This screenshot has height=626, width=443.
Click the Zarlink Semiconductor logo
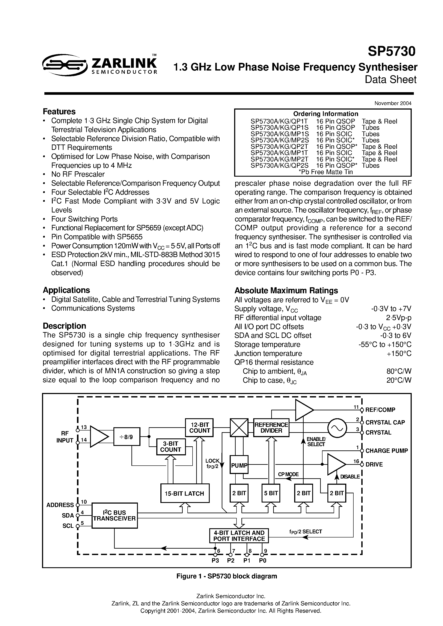tap(99, 64)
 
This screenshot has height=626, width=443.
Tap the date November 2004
tap(393, 103)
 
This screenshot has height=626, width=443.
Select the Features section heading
tap(59, 111)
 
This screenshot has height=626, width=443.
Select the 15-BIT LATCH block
tap(185, 493)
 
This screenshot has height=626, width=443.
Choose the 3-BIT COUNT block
tap(170, 447)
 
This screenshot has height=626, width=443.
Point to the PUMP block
tap(239, 465)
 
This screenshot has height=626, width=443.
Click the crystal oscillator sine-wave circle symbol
tap(337, 428)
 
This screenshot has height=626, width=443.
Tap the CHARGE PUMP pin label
tap(386, 451)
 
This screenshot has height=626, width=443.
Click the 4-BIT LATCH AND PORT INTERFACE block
tap(239, 536)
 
